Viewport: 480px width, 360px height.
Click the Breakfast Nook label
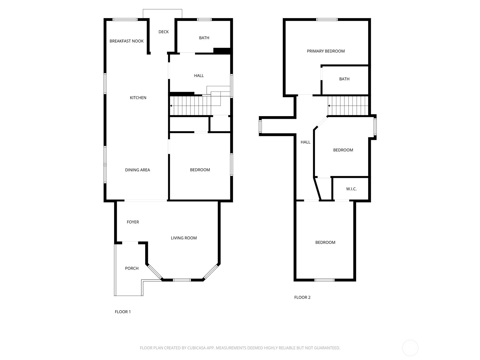(126, 41)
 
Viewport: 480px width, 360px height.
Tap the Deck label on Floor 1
(163, 32)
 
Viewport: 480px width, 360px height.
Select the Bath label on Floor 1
(204, 38)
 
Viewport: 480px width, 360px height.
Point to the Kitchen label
(138, 97)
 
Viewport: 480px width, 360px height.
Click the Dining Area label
(137, 170)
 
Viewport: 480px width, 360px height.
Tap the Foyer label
(133, 222)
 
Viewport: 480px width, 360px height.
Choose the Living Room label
(184, 238)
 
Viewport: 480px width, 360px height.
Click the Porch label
(132, 268)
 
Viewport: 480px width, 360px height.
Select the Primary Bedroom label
(325, 51)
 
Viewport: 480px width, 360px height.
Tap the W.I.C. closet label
(351, 189)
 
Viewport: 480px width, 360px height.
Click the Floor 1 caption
(123, 312)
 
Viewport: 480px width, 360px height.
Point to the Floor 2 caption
(302, 297)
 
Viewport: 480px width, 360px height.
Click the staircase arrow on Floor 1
(171, 106)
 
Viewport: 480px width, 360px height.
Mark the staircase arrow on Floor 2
(329, 106)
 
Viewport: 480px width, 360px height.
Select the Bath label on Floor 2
(344, 79)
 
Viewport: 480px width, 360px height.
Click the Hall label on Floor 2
(305, 142)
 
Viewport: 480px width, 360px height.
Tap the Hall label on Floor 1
(199, 76)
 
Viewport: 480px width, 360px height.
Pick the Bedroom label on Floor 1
(200, 170)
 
